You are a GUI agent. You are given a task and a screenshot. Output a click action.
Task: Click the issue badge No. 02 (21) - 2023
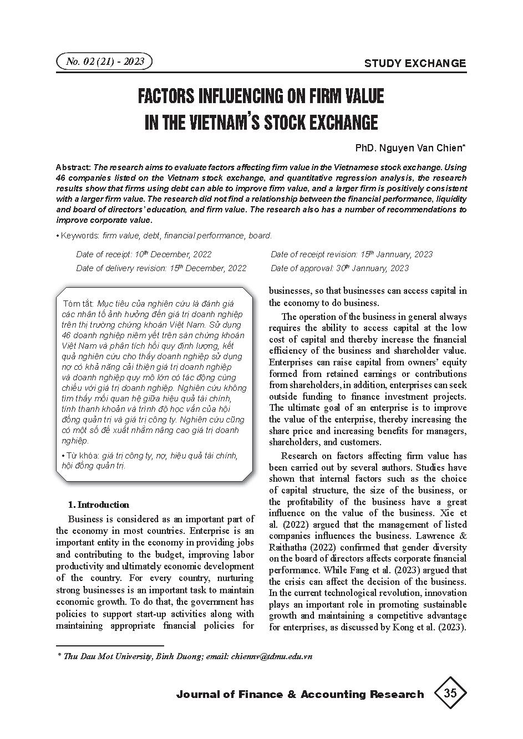tap(104, 62)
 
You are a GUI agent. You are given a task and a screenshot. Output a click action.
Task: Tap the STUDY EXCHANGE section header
tap(415, 63)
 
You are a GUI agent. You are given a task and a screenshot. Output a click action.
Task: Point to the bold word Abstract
tap(74, 167)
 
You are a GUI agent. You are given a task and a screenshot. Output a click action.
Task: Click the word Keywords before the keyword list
tap(80, 236)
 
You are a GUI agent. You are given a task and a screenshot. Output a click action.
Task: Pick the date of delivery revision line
tap(161, 268)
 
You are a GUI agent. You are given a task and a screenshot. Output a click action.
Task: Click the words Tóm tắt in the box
tap(79, 304)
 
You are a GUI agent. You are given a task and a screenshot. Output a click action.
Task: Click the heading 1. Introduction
tap(98, 504)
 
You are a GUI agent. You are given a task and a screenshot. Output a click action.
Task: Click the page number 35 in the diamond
tap(450, 694)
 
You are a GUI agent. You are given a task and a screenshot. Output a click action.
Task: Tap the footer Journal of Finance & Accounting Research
tap(299, 695)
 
